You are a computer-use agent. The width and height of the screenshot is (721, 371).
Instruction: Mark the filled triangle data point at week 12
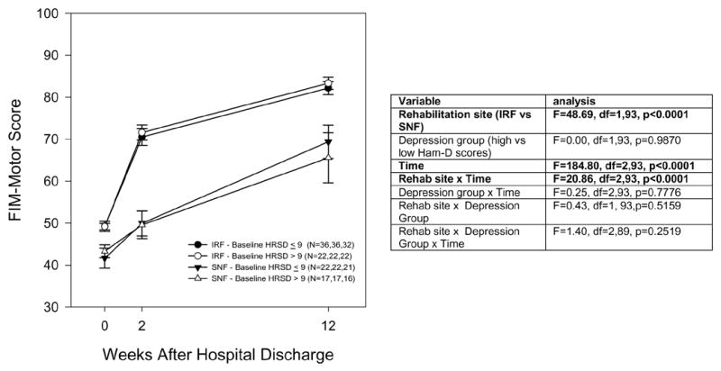pyautogui.click(x=328, y=142)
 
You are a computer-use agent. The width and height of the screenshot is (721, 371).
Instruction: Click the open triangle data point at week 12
pyautogui.click(x=328, y=158)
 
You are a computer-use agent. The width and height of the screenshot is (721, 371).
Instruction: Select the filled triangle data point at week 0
pyautogui.click(x=105, y=259)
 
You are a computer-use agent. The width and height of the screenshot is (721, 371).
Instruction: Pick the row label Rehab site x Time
pyautogui.click(x=449, y=181)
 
